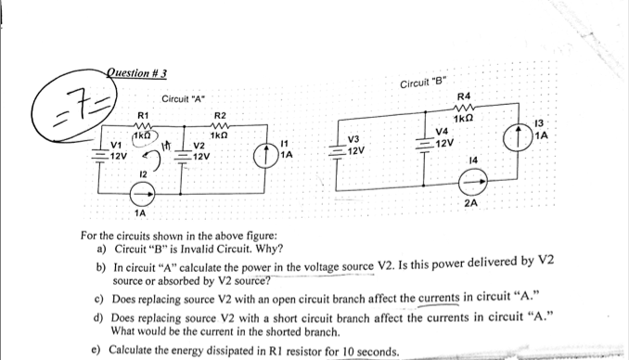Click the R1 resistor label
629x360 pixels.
143,116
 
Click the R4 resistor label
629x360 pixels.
465,97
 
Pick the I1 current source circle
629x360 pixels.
263,154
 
